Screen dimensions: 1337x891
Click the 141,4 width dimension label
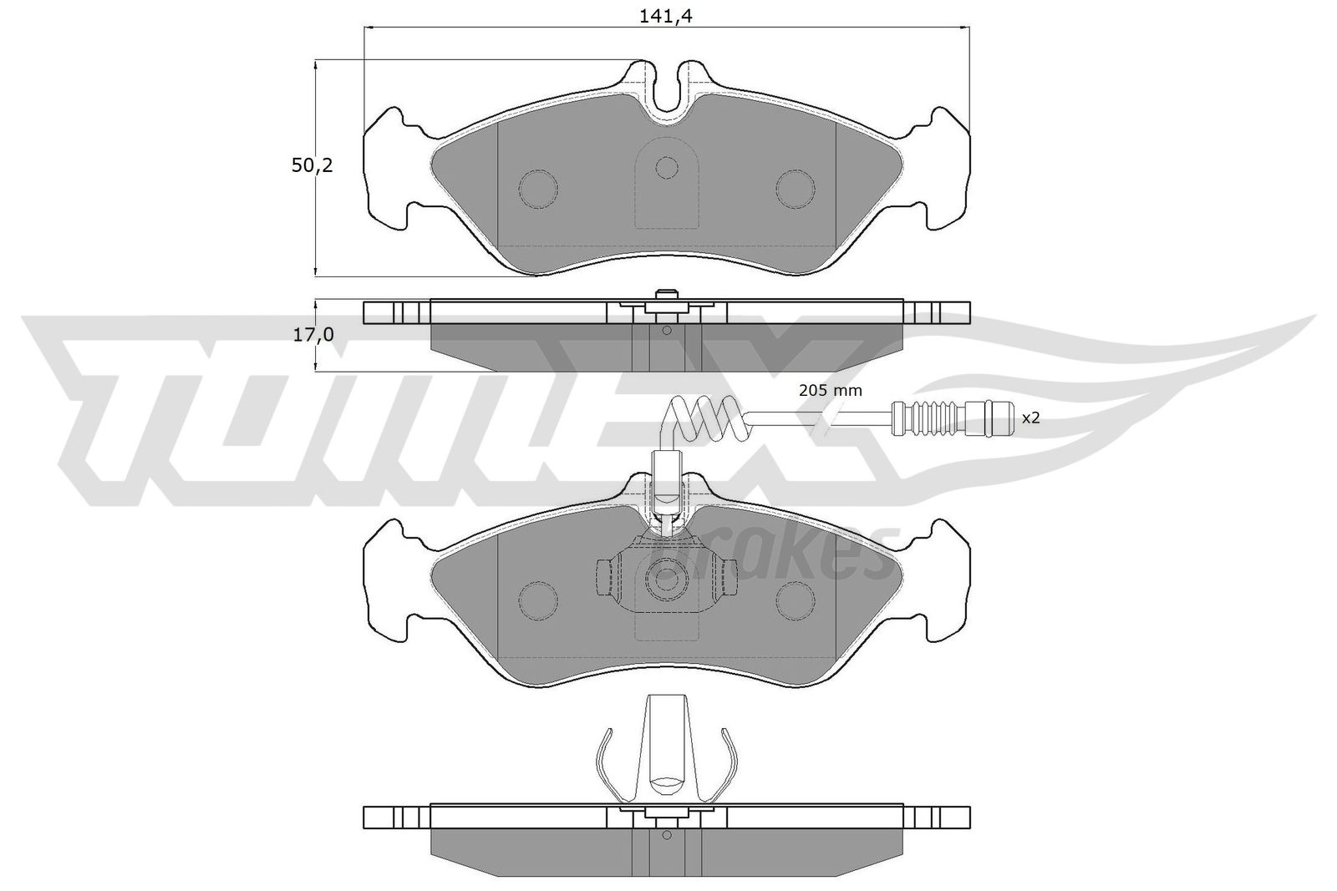coord(665,16)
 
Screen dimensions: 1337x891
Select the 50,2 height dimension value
coord(312,166)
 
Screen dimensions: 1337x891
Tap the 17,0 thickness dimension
coord(313,336)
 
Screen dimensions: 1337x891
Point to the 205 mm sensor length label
coord(831,391)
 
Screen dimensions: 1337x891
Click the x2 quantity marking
coord(1031,418)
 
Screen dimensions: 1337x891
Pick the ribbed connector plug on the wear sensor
coord(952,418)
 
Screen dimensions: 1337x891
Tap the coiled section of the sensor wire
coord(708,421)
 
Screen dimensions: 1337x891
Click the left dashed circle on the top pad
coord(538,189)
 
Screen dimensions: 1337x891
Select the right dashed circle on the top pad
coord(795,189)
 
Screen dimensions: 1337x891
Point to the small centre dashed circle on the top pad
coord(667,168)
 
